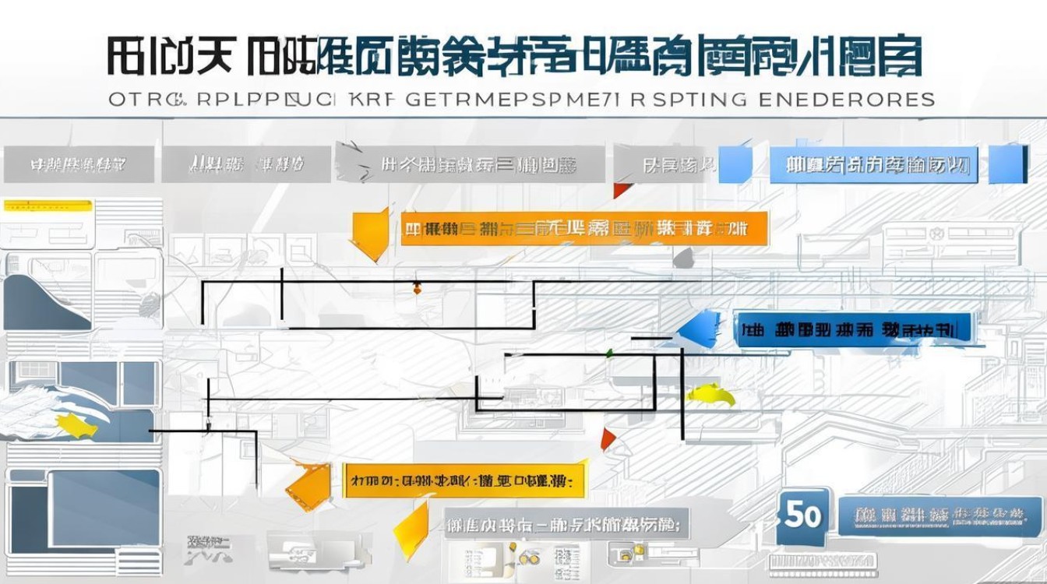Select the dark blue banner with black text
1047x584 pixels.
(x=852, y=329)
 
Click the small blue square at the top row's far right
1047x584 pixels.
(x=1007, y=164)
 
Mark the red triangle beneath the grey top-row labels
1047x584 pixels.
(x=620, y=190)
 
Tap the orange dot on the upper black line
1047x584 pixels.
(x=417, y=289)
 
